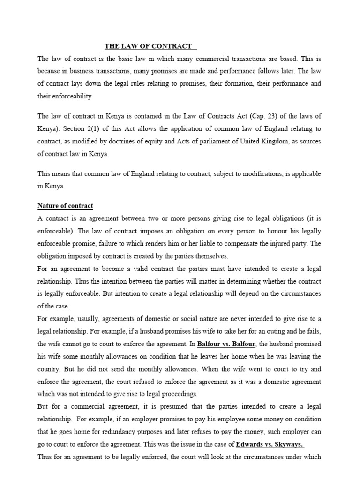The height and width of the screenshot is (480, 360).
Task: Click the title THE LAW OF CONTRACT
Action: (x=148, y=46)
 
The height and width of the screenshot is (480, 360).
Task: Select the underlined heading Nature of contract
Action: (x=65, y=206)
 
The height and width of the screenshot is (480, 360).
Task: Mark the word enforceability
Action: (x=65, y=97)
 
